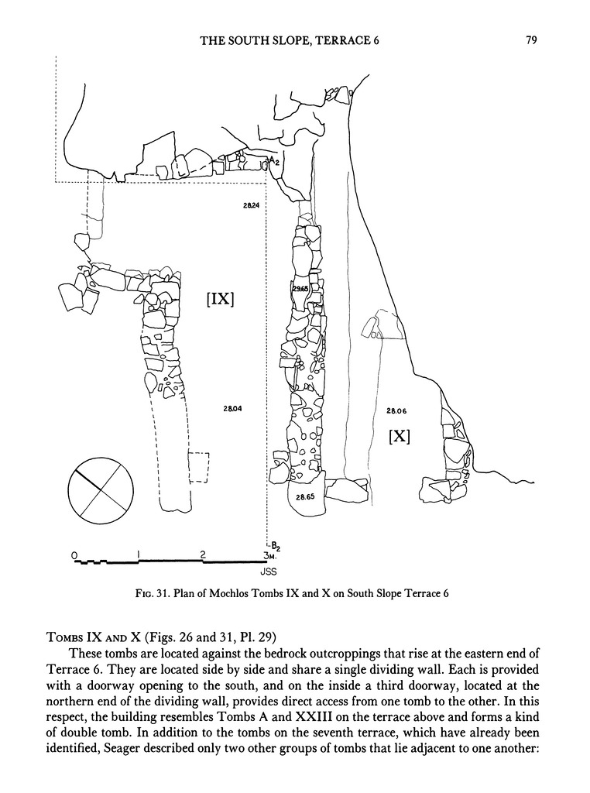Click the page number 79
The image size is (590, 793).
click(531, 40)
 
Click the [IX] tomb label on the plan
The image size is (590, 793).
click(220, 300)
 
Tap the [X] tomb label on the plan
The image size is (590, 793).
click(400, 435)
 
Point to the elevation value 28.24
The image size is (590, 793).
click(251, 205)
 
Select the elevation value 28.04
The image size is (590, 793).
click(232, 408)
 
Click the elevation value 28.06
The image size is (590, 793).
click(396, 411)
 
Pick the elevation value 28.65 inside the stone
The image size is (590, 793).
click(305, 496)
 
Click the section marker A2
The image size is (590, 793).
click(273, 160)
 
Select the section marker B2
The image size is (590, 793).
click(275, 546)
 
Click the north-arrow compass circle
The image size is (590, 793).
click(101, 489)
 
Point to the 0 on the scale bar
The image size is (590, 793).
click(74, 555)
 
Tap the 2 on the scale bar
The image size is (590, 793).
click(203, 554)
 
